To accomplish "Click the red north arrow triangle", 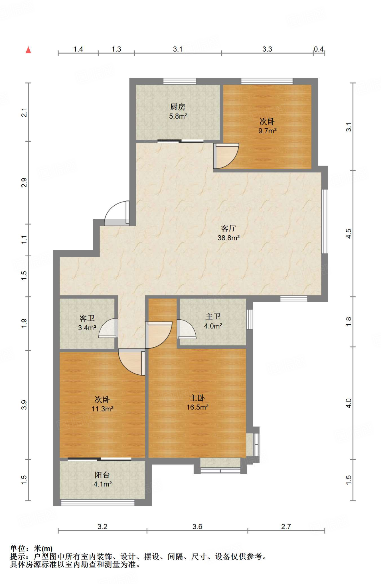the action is pyautogui.click(x=28, y=50).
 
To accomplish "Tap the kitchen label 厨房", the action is pyautogui.click(x=178, y=107).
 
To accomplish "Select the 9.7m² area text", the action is pyautogui.click(x=267, y=131).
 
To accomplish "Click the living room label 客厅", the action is pyautogui.click(x=228, y=228).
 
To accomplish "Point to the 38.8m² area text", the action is pyautogui.click(x=228, y=238).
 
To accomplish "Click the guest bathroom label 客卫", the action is pyautogui.click(x=87, y=318).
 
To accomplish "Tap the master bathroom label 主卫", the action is pyautogui.click(x=213, y=317).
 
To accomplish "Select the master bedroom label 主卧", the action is pyautogui.click(x=197, y=398).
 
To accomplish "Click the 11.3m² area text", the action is pyautogui.click(x=102, y=409).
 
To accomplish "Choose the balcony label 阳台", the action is pyautogui.click(x=102, y=475).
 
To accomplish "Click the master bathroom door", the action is pyautogui.click(x=186, y=329).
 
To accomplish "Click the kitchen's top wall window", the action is pyautogui.click(x=180, y=81).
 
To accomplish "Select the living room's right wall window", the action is pyautogui.click(x=325, y=221).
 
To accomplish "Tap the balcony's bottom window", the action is pyautogui.click(x=98, y=503).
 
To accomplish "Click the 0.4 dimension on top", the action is pyautogui.click(x=319, y=49).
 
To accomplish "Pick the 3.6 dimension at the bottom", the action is pyautogui.click(x=197, y=526).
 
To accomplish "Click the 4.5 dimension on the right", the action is pyautogui.click(x=348, y=234).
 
